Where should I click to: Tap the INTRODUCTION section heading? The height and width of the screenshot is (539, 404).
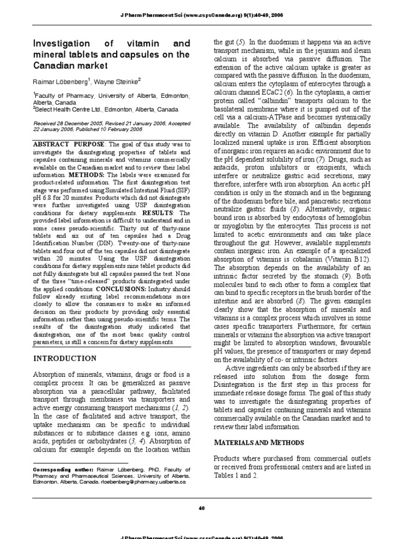(x=65, y=358)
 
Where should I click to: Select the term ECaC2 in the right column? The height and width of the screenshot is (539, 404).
(x=275, y=92)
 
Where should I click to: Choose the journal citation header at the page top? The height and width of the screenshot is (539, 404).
(x=202, y=15)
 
